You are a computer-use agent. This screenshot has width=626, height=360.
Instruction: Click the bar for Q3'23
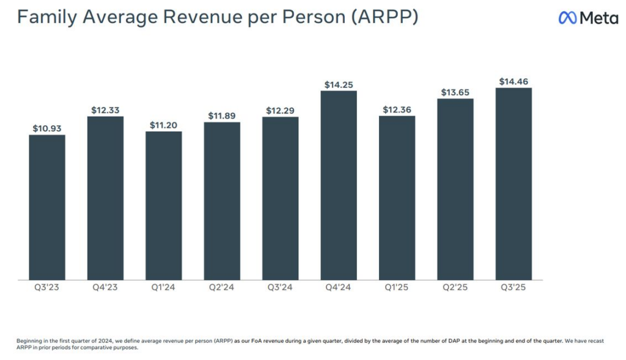(47, 207)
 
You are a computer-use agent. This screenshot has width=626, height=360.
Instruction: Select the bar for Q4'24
(339, 185)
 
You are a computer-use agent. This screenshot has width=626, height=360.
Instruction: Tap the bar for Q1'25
(397, 197)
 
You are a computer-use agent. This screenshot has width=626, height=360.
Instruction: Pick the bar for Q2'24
(222, 200)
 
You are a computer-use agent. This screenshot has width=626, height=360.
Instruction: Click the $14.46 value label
(514, 81)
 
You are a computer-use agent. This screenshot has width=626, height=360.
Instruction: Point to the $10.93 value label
(47, 128)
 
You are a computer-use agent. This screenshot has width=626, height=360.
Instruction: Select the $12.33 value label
(105, 110)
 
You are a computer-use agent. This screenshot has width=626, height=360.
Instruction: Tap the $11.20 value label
(164, 125)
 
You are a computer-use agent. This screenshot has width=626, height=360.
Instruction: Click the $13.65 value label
(455, 92)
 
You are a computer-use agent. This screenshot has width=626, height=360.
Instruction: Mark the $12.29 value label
(280, 111)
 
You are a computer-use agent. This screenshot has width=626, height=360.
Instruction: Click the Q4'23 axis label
(105, 288)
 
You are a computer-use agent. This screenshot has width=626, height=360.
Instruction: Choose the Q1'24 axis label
(164, 288)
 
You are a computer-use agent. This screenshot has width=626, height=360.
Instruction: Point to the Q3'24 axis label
(280, 288)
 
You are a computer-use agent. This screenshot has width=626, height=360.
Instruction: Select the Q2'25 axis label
(455, 288)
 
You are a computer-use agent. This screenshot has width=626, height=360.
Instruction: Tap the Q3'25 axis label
(514, 288)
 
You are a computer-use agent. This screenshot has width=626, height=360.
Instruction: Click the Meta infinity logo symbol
(567, 18)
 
